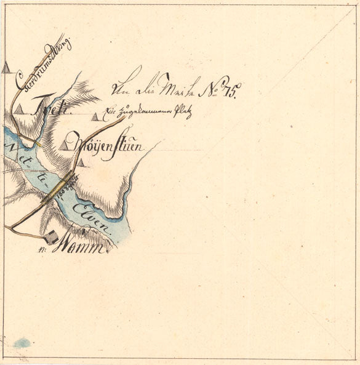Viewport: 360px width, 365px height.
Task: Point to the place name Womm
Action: (83, 247)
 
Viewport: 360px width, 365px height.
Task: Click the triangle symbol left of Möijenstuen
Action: (65, 145)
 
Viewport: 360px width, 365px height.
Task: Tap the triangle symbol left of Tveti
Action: (20, 110)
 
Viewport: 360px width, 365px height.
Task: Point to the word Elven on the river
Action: (92, 219)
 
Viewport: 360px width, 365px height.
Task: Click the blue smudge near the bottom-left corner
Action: (22, 342)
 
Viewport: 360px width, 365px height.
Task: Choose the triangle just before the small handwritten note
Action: (95, 116)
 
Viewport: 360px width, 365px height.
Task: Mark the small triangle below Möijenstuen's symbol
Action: (81, 163)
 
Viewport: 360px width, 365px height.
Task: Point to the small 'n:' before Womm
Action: (42, 250)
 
